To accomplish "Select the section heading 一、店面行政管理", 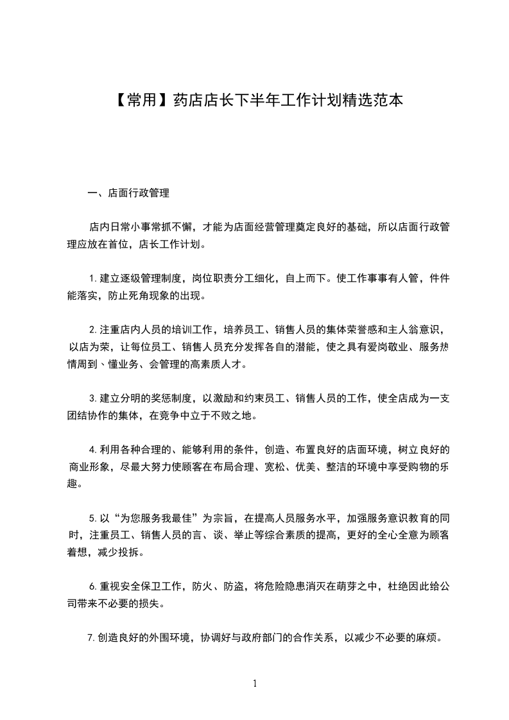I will pos(128,192).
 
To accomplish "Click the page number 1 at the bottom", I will pos(255,683).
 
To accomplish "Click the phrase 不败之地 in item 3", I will pos(233,416).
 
